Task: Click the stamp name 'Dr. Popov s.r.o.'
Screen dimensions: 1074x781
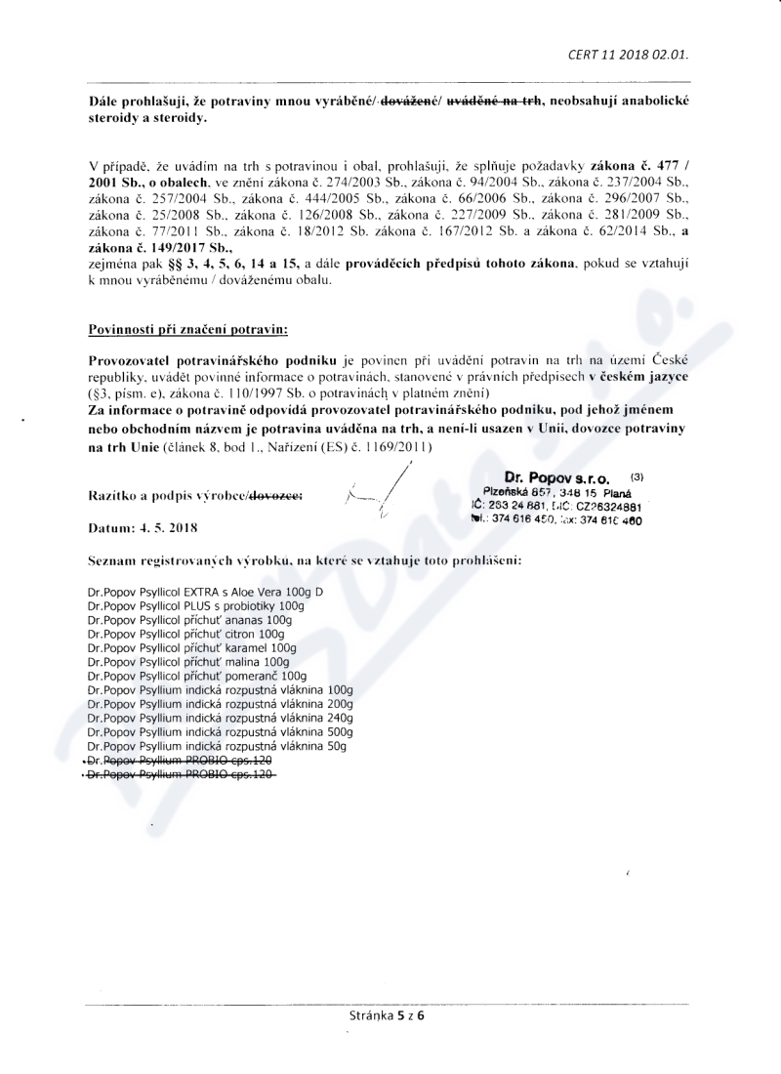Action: coord(556,478)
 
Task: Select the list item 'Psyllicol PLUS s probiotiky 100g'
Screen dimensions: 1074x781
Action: coord(195,607)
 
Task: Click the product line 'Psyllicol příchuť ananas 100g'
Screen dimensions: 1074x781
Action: coord(189,620)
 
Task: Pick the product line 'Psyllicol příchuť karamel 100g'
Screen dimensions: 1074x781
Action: coord(191,646)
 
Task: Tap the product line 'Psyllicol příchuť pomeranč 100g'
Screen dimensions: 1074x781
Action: coord(196,676)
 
